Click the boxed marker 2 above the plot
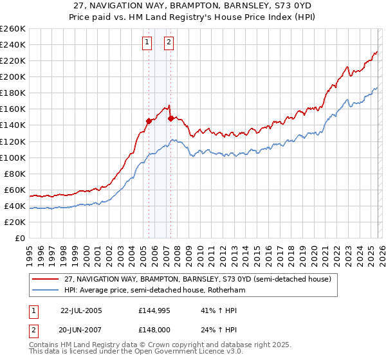(169, 43)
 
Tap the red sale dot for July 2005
(149, 120)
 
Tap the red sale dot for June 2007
(170, 118)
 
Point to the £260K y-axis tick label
(13, 29)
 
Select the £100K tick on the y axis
(13, 157)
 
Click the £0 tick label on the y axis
(21, 238)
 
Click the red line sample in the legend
(46, 280)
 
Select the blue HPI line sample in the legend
(46, 291)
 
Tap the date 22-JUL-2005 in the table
(81, 310)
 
